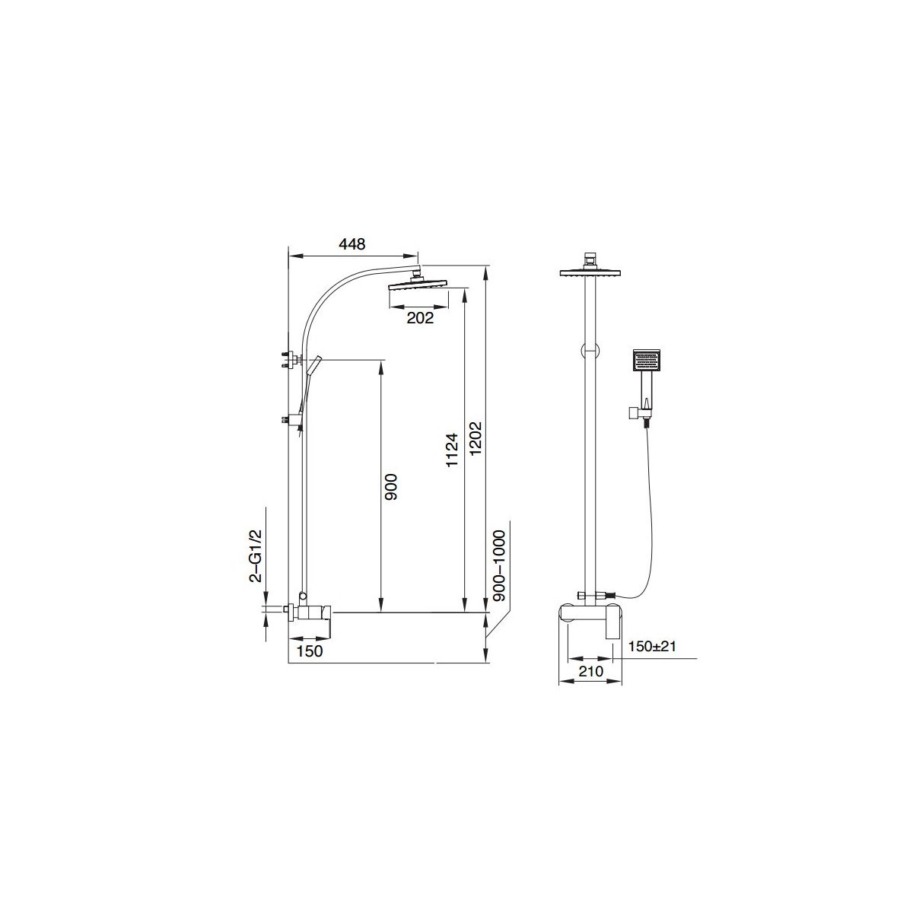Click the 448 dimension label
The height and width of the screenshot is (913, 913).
coord(352,244)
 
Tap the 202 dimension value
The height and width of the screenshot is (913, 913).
coord(420,318)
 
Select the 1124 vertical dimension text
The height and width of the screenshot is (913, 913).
coord(453,450)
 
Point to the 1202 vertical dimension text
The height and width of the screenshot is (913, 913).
coord(476,439)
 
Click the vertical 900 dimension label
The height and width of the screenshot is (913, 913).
coord(391,487)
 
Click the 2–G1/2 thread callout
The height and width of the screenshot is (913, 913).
coord(256,555)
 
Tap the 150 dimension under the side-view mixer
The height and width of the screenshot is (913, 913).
coord(310,651)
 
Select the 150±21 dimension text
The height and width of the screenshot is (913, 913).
coord(651,646)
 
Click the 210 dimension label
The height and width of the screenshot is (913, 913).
coord(591,671)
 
